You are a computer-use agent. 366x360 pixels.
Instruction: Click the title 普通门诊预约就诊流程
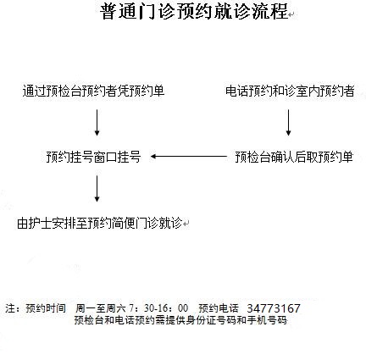(x=194, y=11)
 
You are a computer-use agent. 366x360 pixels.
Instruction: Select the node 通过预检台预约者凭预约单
(x=93, y=91)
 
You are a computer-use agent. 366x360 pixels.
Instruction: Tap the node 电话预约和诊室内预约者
(x=290, y=91)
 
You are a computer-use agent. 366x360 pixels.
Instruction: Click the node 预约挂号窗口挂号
(x=93, y=157)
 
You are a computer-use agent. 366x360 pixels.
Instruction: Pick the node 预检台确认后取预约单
(x=294, y=157)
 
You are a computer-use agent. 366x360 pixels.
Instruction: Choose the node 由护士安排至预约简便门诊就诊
(x=99, y=223)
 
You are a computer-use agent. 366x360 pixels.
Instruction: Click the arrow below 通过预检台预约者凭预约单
(x=97, y=123)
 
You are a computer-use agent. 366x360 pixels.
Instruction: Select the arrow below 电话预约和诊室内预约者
(x=288, y=123)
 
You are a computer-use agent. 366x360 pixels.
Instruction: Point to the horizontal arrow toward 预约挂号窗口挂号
(x=189, y=156)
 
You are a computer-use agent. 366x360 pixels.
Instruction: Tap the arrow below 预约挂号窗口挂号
(x=97, y=189)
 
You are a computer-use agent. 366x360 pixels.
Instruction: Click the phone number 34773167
(x=274, y=308)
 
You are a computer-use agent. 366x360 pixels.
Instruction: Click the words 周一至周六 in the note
(x=100, y=308)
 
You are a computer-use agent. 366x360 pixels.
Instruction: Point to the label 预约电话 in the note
(x=219, y=308)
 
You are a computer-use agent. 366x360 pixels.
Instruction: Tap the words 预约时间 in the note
(x=46, y=308)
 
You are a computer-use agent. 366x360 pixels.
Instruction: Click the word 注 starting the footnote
(x=10, y=308)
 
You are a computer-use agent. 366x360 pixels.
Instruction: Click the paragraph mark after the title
(x=291, y=14)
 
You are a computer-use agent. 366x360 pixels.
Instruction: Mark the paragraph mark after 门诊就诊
(x=186, y=224)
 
